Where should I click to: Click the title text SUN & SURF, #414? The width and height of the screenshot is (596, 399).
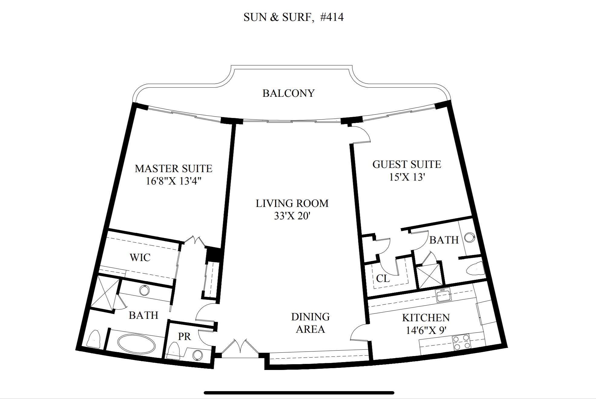point(293,17)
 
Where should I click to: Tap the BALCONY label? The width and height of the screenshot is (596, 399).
point(288,93)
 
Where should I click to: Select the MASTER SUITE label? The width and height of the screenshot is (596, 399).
point(173,168)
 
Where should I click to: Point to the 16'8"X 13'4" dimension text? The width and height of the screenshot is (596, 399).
point(174,181)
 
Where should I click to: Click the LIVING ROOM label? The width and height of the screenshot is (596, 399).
point(292,203)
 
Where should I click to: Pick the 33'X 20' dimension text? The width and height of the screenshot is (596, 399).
point(292,216)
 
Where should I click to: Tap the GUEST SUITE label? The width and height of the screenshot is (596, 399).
point(407,164)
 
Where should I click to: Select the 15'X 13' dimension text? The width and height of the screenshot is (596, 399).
point(407,177)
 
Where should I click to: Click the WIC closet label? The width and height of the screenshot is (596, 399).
point(140,257)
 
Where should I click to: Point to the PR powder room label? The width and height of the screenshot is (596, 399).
point(184,336)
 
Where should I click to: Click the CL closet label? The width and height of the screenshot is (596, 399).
point(383,278)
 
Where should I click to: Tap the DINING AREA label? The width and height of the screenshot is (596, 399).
point(310,323)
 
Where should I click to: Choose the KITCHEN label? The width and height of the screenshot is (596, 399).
point(426,318)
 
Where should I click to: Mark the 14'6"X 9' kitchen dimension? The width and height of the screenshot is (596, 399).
point(426,330)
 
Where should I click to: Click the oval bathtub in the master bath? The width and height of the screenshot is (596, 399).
point(136,343)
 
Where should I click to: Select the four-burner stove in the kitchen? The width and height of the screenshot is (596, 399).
point(462,342)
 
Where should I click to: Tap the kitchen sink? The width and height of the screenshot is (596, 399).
point(443,294)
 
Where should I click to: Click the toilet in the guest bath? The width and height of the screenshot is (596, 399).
point(476,269)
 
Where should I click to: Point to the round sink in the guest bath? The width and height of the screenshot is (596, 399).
point(469,237)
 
